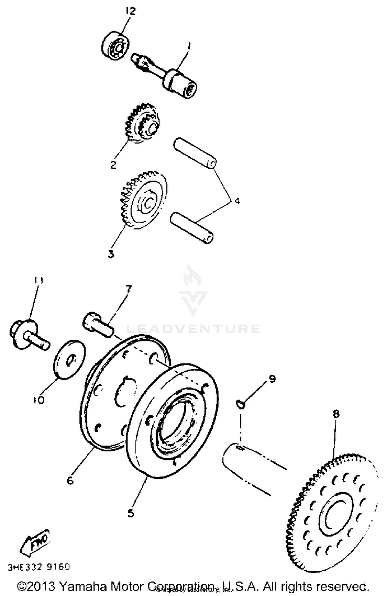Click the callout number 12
pyautogui.click(x=131, y=12)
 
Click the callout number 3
pyautogui.click(x=111, y=254)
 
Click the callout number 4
pyautogui.click(x=237, y=201)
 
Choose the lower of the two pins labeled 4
pyautogui.click(x=192, y=228)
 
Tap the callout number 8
pyautogui.click(x=336, y=414)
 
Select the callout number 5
pyautogui.click(x=131, y=513)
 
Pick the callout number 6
pyautogui.click(x=70, y=481)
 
